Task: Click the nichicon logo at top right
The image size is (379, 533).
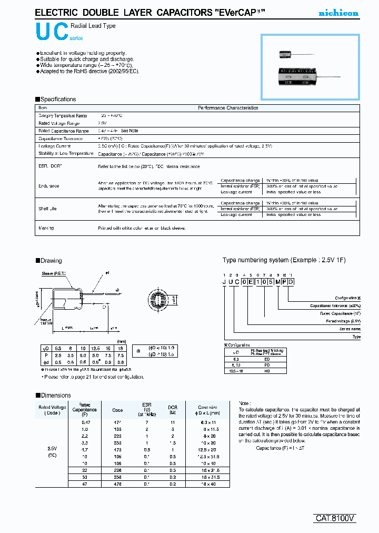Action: pyautogui.click(x=340, y=13)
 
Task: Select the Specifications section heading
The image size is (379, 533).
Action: pyautogui.click(x=55, y=99)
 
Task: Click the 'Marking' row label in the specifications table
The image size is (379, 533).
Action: pyautogui.click(x=46, y=228)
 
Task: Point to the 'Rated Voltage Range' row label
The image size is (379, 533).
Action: pyautogui.click(x=59, y=123)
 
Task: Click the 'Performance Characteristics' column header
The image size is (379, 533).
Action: pyautogui.click(x=227, y=108)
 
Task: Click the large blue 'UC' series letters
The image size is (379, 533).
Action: pyautogui.click(x=52, y=33)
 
